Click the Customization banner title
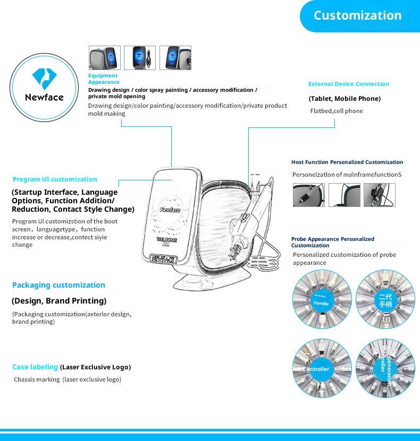(357, 15)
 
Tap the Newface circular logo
(44, 87)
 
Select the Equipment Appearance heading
(104, 79)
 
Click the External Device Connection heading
(348, 84)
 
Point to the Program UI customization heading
(55, 179)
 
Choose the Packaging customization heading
(58, 285)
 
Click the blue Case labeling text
(35, 367)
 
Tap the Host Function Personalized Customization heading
(347, 162)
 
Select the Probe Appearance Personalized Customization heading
(333, 242)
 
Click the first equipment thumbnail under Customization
(104, 58)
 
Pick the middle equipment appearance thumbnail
(140, 58)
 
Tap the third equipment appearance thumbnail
(175, 58)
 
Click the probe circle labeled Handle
(322, 299)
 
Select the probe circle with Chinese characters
(384, 299)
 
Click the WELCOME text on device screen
(167, 240)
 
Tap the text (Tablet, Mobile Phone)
(345, 99)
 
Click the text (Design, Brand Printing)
(59, 301)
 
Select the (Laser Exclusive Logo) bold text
(95, 367)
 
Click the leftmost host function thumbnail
(308, 195)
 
